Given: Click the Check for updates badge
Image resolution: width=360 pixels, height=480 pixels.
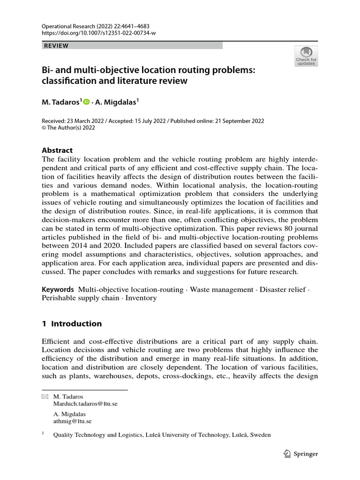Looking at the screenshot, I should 306,56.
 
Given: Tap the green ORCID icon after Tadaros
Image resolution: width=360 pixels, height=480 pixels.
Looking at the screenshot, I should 86,102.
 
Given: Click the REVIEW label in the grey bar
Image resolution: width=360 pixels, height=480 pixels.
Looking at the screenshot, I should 56,45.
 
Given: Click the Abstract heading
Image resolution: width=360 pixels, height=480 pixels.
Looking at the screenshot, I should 57,150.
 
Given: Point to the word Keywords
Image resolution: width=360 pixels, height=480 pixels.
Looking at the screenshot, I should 58,290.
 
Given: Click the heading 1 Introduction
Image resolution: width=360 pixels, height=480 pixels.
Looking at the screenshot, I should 72,323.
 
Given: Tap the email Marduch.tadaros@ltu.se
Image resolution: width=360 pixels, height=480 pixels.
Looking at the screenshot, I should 85,404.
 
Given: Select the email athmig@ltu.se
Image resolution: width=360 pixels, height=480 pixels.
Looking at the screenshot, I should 72,421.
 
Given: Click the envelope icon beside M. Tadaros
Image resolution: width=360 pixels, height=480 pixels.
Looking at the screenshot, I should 45,397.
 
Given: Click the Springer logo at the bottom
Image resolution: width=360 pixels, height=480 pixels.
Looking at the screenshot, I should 301,454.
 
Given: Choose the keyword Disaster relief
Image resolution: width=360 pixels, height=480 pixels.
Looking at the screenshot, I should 283,290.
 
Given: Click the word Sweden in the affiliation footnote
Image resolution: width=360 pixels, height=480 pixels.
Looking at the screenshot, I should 261,435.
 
